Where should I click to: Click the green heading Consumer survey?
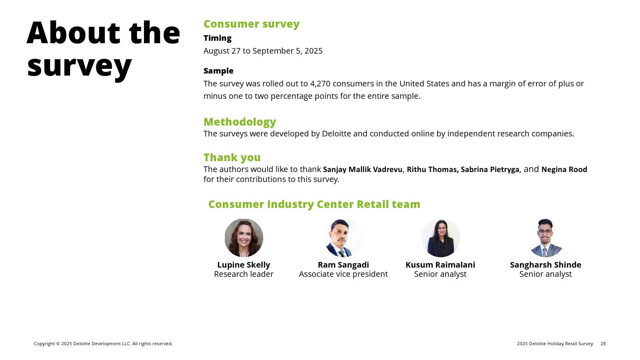pyautogui.click(x=252, y=24)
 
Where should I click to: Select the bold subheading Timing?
pyautogui.click(x=218, y=38)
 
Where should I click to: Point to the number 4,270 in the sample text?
pyautogui.click(x=320, y=84)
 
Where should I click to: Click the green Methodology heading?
pyautogui.click(x=240, y=122)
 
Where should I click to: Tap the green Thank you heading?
pyautogui.click(x=232, y=158)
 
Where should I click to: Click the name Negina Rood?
pyautogui.click(x=564, y=170)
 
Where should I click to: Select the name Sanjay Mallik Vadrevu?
pyautogui.click(x=362, y=170)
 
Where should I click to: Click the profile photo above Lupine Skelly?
pyautogui.click(x=244, y=238)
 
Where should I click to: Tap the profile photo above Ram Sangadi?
pyautogui.click(x=344, y=238)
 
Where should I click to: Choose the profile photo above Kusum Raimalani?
pyautogui.click(x=440, y=238)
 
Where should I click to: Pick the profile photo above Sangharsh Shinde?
pyautogui.click(x=546, y=238)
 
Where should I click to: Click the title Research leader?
pyautogui.click(x=244, y=274)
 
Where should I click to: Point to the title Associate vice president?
pyautogui.click(x=344, y=274)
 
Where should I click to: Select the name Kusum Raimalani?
pyautogui.click(x=440, y=265)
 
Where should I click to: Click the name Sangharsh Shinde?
pyautogui.click(x=546, y=265)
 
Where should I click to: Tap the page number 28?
pyautogui.click(x=603, y=344)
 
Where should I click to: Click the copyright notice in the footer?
pyautogui.click(x=103, y=344)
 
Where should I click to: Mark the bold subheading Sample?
pyautogui.click(x=218, y=71)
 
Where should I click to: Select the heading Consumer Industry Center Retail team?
pyautogui.click(x=314, y=204)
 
